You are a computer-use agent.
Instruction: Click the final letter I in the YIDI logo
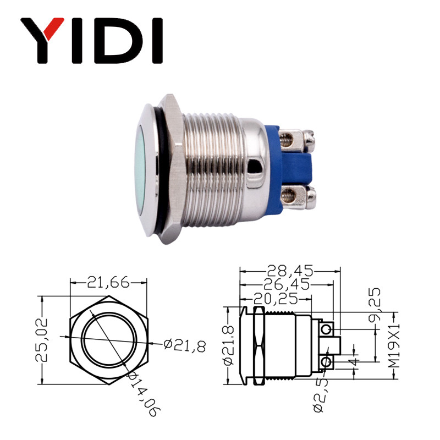point(156,41)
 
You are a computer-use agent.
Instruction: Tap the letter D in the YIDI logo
point(116,41)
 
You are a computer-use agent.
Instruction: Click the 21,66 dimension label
point(108,283)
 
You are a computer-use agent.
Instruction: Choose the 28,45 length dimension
point(289,271)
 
